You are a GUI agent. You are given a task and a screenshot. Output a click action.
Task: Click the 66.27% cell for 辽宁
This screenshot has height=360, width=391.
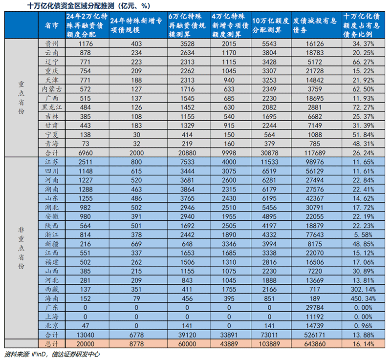[364, 62]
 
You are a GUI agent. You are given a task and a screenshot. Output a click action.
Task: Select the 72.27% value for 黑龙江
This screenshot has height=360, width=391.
[364, 107]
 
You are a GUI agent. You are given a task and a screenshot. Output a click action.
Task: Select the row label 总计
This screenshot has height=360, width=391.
[21, 343]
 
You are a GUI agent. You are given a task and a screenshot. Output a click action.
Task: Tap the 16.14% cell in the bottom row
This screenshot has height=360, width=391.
[364, 343]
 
